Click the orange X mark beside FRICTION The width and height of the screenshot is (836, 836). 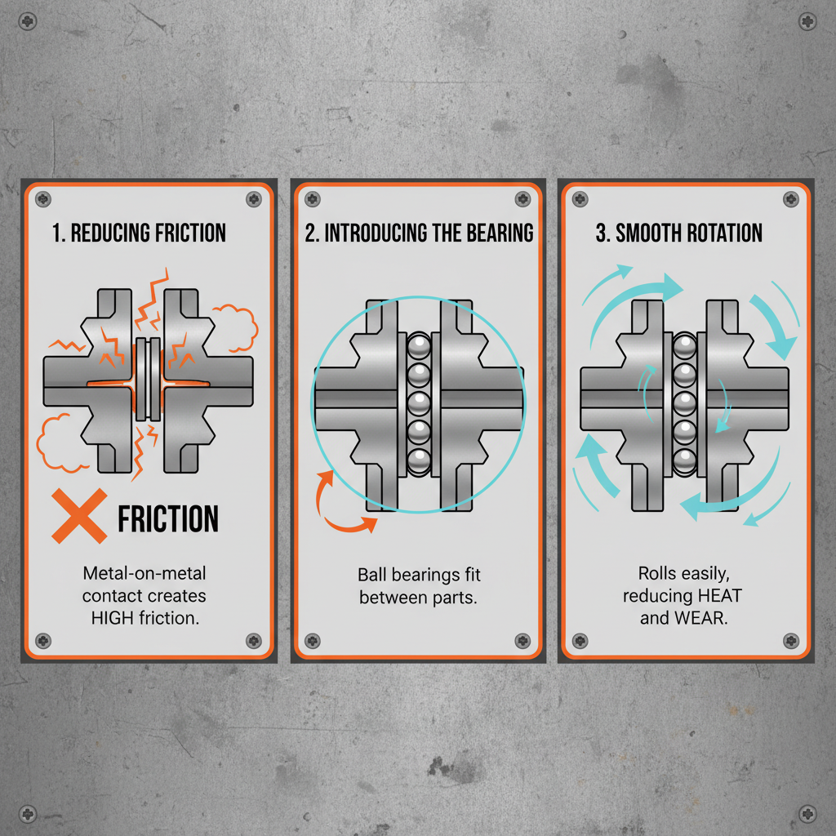coord(79,516)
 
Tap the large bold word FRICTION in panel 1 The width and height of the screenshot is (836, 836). coord(168,519)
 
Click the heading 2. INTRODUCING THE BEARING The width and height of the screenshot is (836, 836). coord(419,233)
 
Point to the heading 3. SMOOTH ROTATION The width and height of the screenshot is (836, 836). coord(678,233)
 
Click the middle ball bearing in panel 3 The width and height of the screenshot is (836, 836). coord(684,402)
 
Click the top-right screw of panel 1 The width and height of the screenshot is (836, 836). coord(254,199)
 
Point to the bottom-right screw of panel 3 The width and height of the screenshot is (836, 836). coord(789,640)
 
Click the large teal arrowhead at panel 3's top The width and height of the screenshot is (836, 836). coord(671,286)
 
